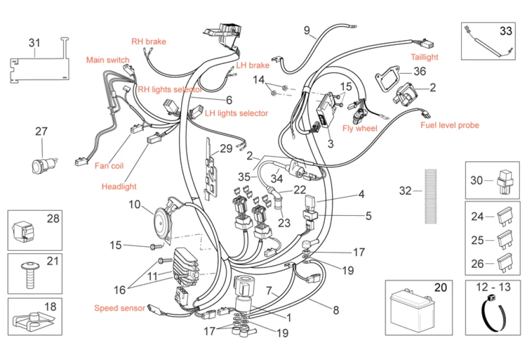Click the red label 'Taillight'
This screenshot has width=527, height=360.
(x=424, y=57)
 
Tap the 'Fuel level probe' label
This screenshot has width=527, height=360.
(x=449, y=125)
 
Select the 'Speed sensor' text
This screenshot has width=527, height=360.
(x=119, y=308)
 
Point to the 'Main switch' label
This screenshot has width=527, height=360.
(x=108, y=60)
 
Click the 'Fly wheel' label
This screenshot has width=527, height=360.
(x=360, y=128)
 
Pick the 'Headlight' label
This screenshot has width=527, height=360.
(x=119, y=186)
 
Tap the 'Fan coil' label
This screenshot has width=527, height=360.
(x=109, y=166)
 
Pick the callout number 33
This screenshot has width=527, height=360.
(x=505, y=31)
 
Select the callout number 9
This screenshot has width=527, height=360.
(x=307, y=30)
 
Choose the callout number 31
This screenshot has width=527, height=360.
(x=34, y=42)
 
